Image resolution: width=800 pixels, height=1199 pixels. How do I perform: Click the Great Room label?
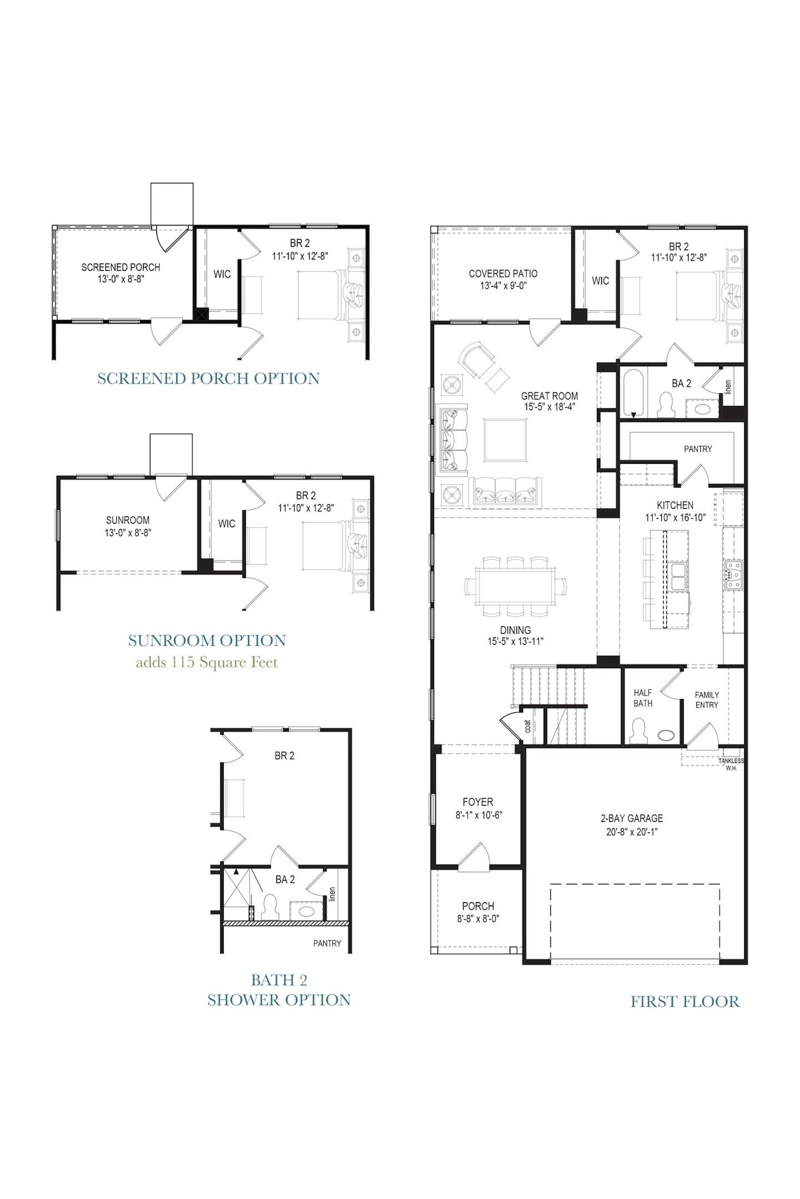coord(550,396)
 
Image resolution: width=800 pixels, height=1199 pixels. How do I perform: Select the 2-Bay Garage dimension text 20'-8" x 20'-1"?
coord(632,832)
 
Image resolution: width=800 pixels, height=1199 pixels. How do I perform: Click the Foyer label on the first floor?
coord(478,802)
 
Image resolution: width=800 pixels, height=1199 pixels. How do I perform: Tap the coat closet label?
coord(527,726)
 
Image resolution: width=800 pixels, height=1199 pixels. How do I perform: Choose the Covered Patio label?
coord(503,274)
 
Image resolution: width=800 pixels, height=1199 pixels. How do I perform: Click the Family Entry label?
coord(707,699)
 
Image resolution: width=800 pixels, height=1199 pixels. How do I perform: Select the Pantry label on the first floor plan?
coord(698,449)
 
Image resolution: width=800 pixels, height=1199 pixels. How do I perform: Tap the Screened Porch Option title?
coord(209,378)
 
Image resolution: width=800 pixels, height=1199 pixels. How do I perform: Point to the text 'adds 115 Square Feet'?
coord(207,662)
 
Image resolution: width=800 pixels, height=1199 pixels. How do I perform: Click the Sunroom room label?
coord(127,520)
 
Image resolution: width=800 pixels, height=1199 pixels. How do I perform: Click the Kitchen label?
coord(675,505)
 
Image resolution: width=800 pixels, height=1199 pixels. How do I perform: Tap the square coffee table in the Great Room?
coord(505,440)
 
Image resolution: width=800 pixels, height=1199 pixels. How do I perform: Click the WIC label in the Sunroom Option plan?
coord(227,524)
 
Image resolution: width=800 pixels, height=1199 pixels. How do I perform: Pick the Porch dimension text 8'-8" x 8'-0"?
coord(478,919)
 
